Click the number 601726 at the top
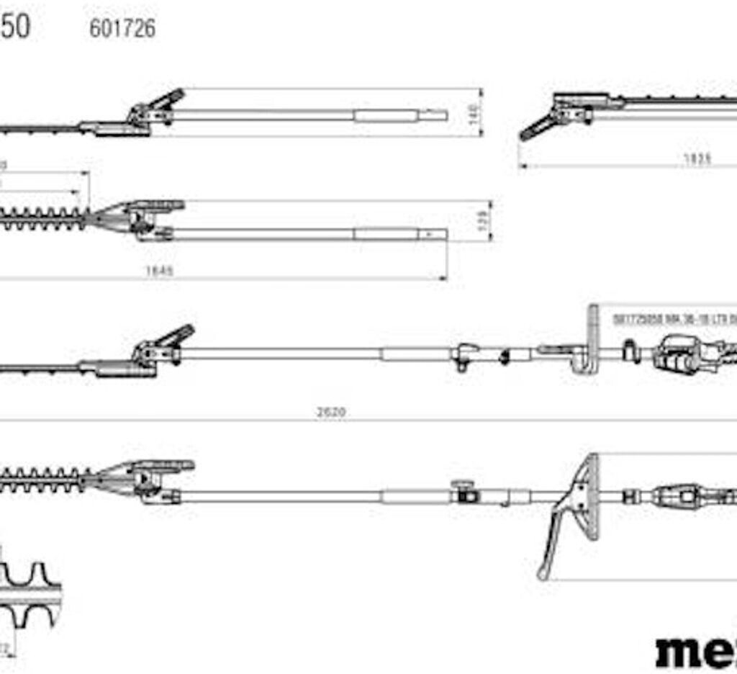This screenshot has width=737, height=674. pyautogui.click(x=122, y=28)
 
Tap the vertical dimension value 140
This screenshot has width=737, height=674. pyautogui.click(x=474, y=113)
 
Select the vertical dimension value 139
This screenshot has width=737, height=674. pyautogui.click(x=484, y=221)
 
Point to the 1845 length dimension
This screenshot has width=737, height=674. pyautogui.click(x=160, y=271)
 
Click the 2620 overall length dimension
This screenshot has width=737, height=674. pyautogui.click(x=331, y=412)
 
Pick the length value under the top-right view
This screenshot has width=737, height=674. pyautogui.click(x=696, y=159)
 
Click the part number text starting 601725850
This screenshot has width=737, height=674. pyautogui.click(x=673, y=318)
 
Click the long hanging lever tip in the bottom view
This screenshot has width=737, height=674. pyautogui.click(x=544, y=572)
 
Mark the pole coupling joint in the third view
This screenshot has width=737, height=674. pyautogui.click(x=464, y=355)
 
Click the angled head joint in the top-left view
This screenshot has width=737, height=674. pyautogui.click(x=155, y=109)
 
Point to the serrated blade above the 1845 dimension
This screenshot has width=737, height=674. pyautogui.click(x=43, y=217)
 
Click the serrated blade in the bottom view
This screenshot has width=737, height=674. pyautogui.click(x=43, y=478)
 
